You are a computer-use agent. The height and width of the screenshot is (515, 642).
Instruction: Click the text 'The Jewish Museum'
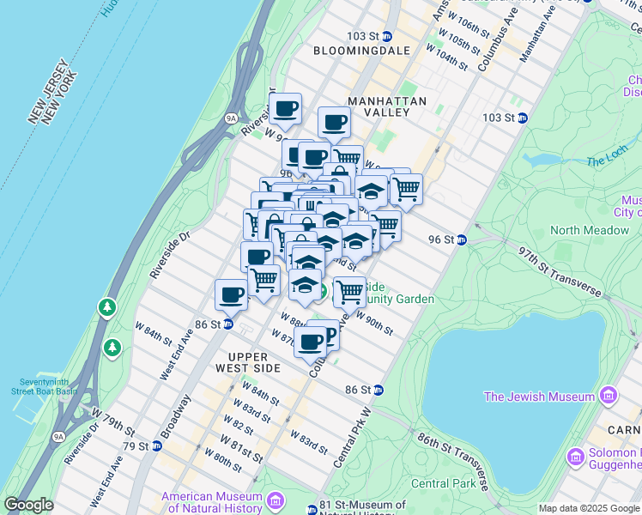[539, 397]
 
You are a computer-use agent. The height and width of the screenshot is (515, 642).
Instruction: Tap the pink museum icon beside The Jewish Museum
[609, 396]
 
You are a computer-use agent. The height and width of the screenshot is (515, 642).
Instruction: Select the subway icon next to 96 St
[462, 239]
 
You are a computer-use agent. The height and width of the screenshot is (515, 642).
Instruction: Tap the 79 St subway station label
[136, 446]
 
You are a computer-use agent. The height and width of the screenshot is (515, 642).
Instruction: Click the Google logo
[28, 506]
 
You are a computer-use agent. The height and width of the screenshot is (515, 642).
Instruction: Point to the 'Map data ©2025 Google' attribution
[589, 508]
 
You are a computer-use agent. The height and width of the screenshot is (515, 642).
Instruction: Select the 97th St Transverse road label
[560, 269]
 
